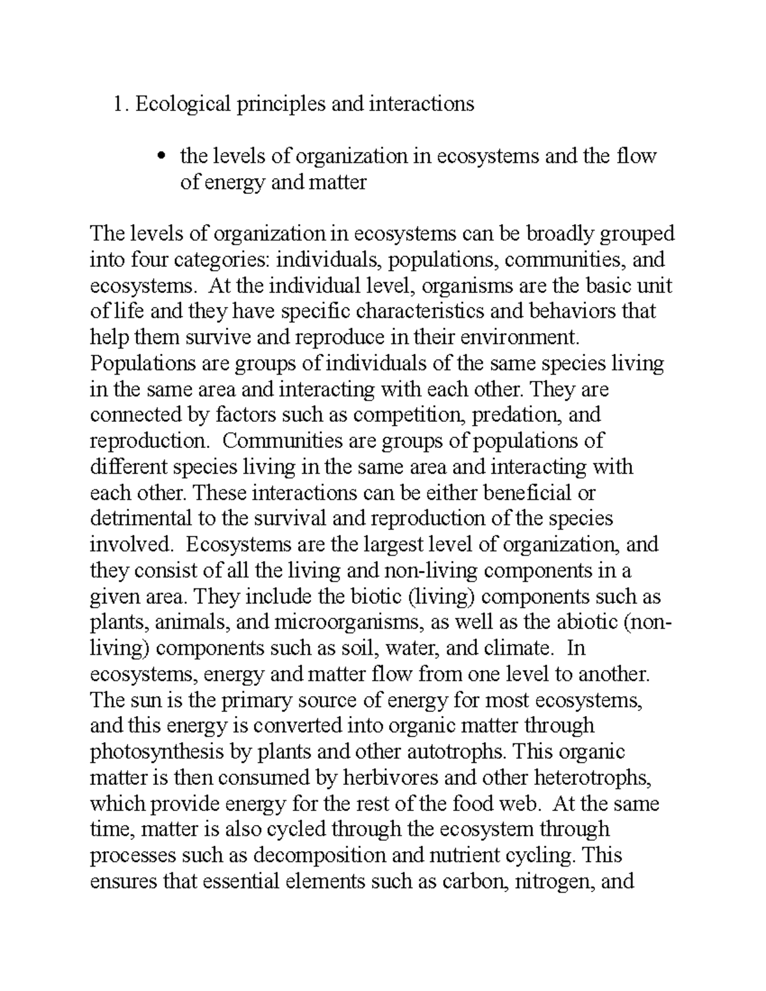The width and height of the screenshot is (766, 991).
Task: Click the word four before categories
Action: (151, 260)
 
